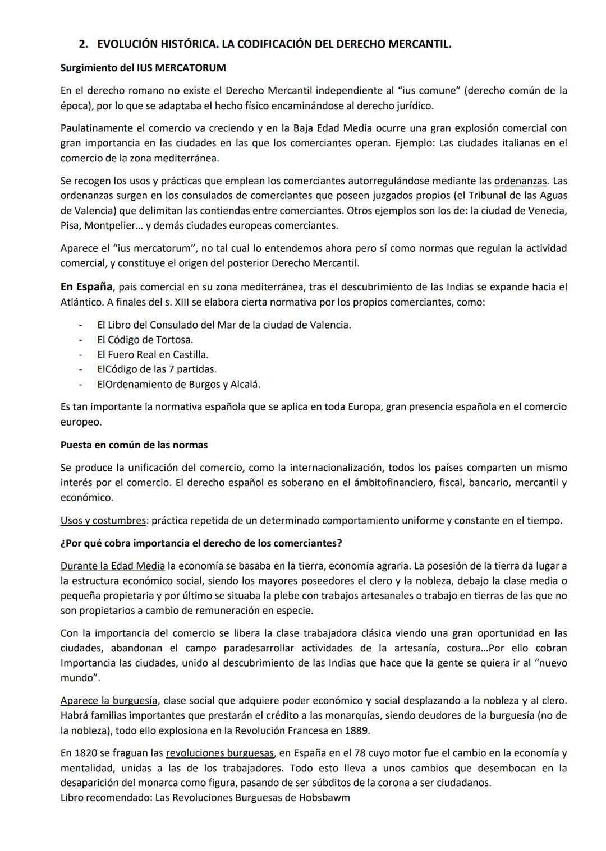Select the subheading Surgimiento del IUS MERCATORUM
click(x=143, y=68)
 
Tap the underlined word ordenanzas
click(x=520, y=181)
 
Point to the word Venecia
click(x=548, y=211)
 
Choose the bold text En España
click(x=86, y=287)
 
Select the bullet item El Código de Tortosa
click(x=145, y=340)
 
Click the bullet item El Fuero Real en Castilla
click(x=153, y=354)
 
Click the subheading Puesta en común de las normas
click(x=134, y=445)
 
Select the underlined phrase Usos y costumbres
click(x=103, y=520)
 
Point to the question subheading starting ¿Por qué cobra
click(x=201, y=543)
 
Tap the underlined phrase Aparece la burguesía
click(x=109, y=700)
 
